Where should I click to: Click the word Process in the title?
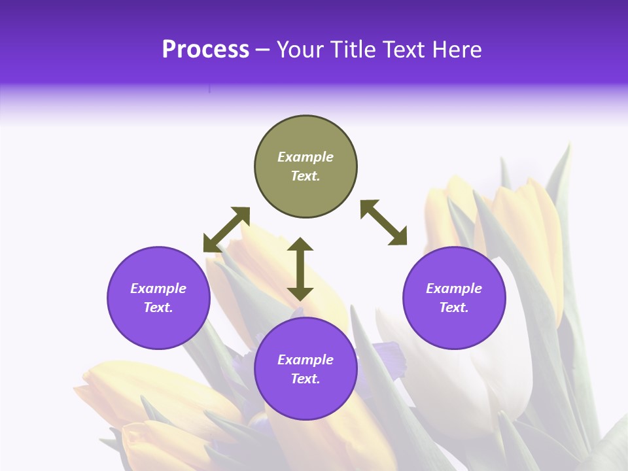(205, 50)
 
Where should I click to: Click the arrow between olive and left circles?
(226, 230)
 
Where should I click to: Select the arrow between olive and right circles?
(384, 222)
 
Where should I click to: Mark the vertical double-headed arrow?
(300, 269)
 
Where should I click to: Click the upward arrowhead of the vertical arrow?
(300, 244)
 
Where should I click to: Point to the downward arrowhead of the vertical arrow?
(300, 294)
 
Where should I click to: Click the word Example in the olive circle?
(305, 157)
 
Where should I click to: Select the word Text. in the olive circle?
(305, 176)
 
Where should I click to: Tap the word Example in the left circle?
(158, 288)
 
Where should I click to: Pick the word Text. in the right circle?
(454, 307)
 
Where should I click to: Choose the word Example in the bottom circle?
(305, 360)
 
